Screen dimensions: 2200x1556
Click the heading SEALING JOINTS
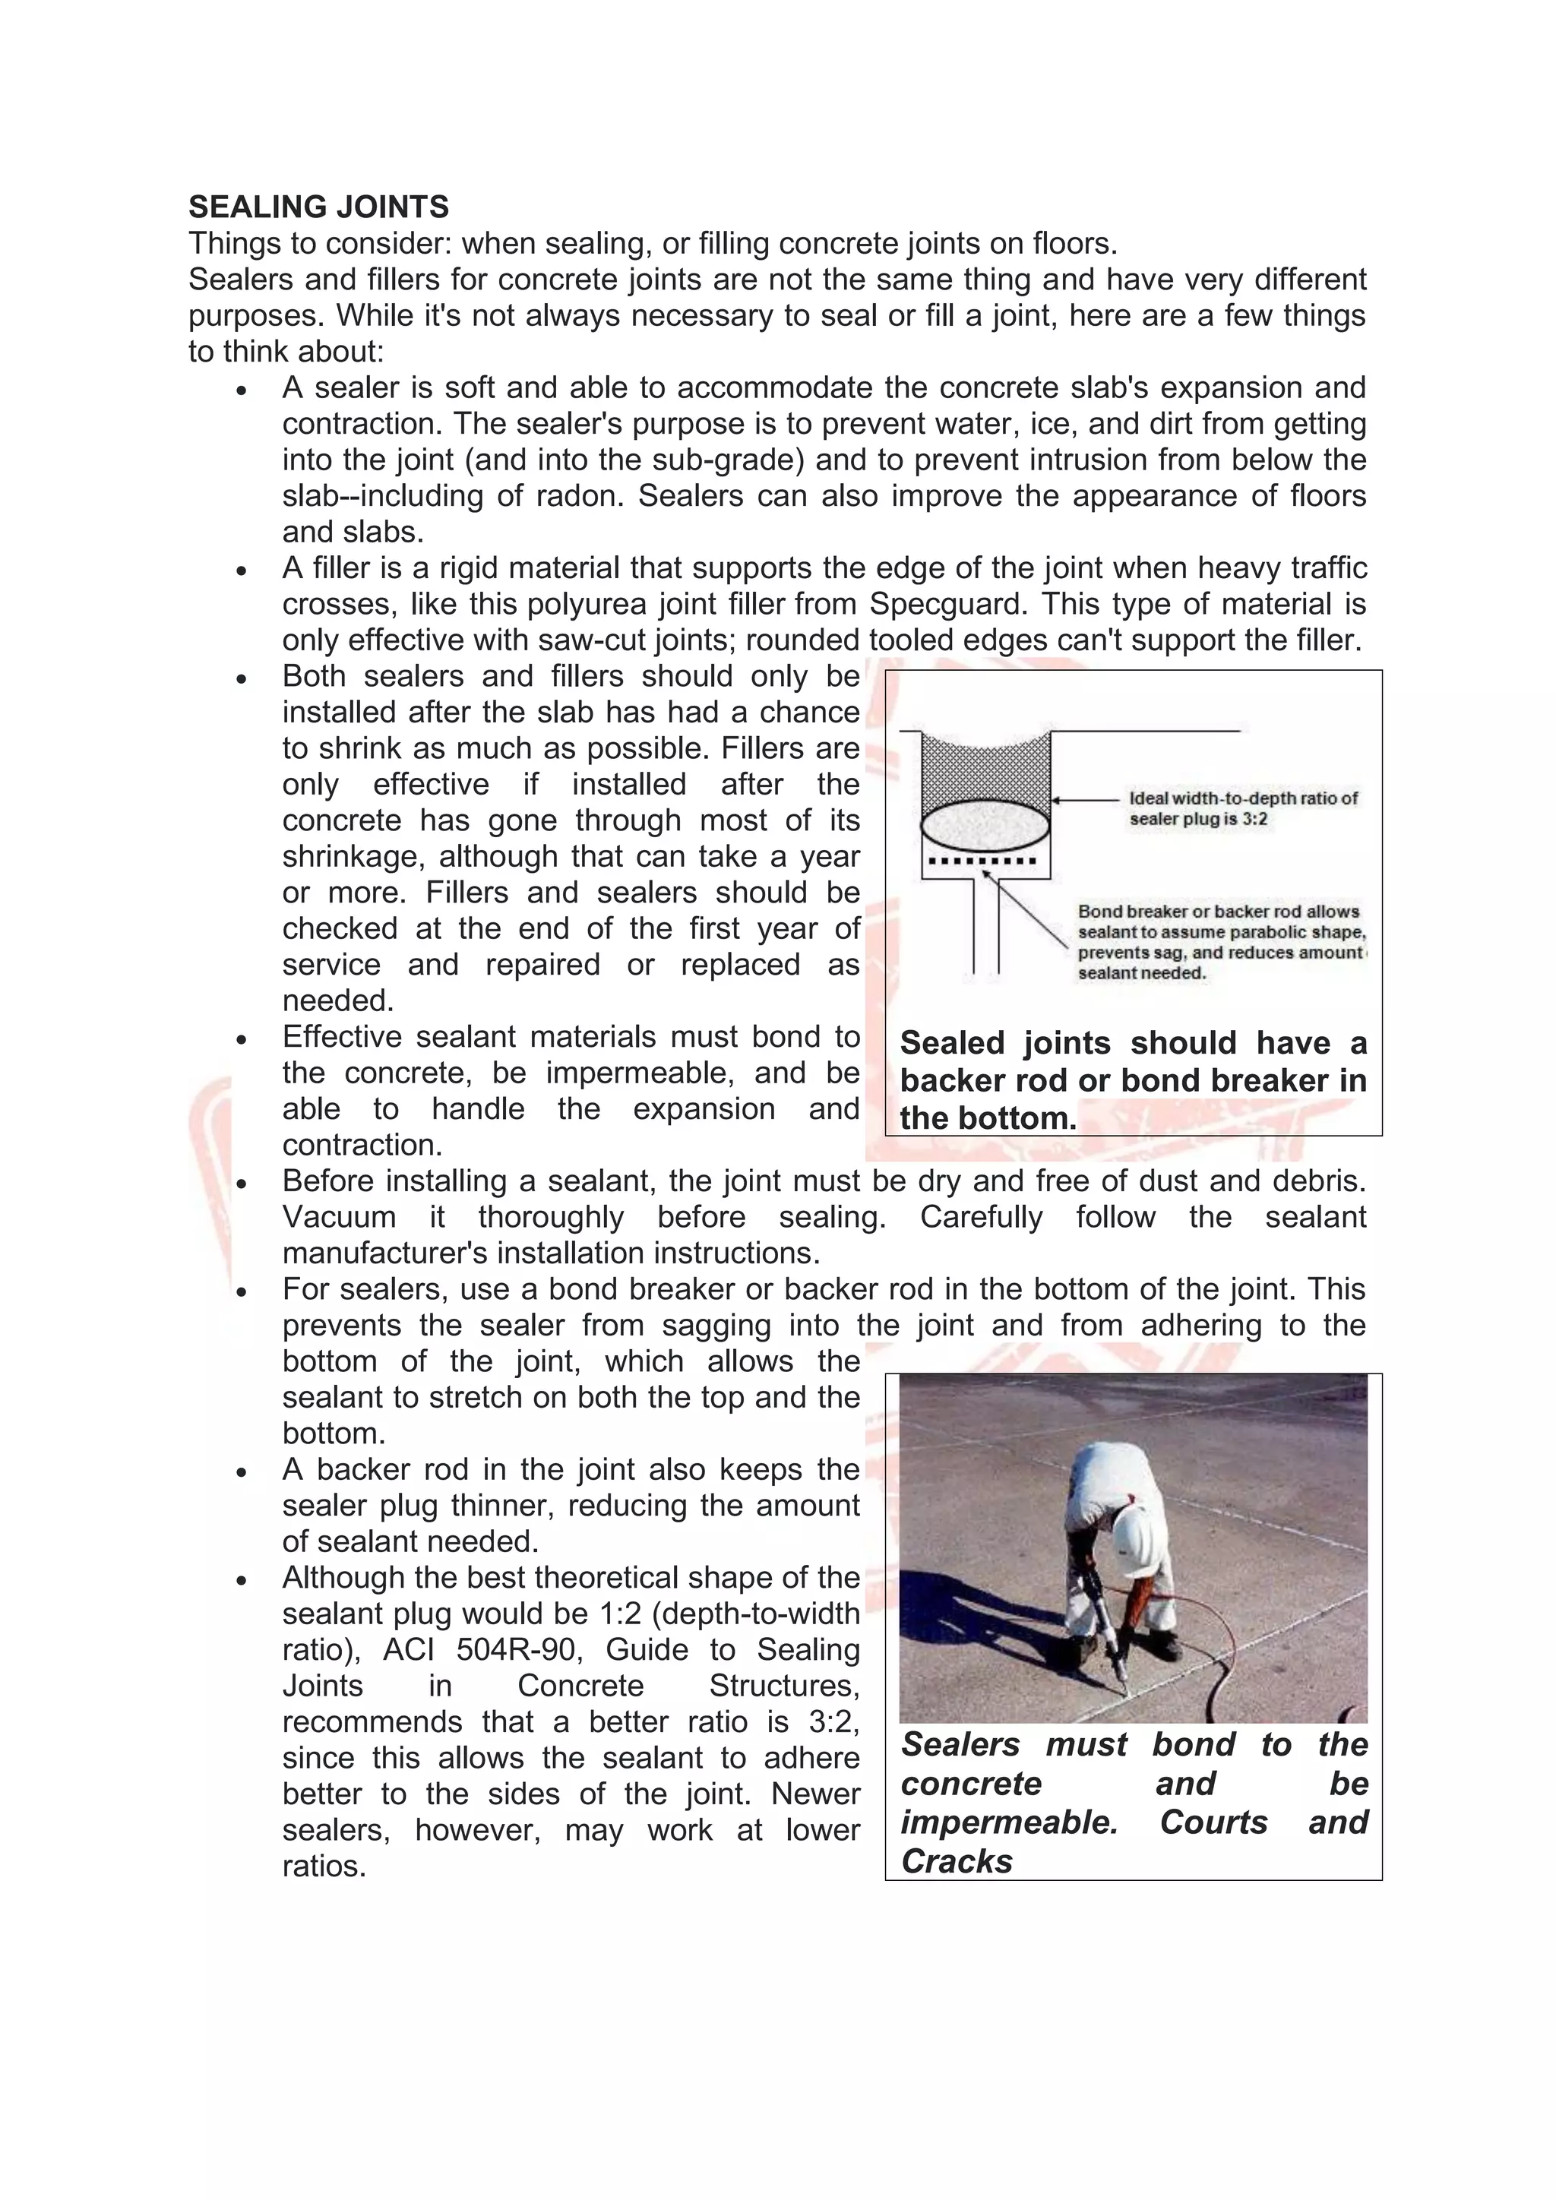tap(318, 207)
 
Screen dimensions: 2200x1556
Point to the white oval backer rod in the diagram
tap(985, 825)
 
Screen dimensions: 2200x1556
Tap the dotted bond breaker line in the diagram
tap(985, 861)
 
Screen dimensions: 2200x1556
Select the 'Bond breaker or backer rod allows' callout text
tap(1219, 912)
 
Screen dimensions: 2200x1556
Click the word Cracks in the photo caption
tap(957, 1860)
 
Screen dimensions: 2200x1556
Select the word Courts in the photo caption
tap(1213, 1822)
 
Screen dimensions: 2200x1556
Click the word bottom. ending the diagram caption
tap(1019, 1118)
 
